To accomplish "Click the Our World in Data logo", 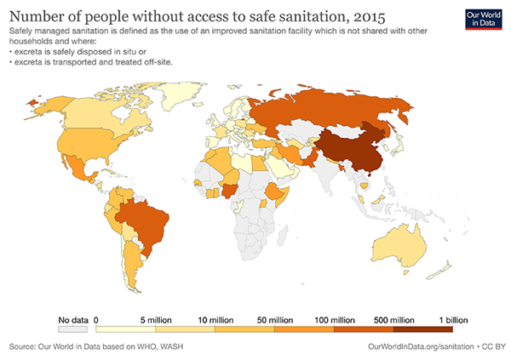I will coord(482,20).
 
